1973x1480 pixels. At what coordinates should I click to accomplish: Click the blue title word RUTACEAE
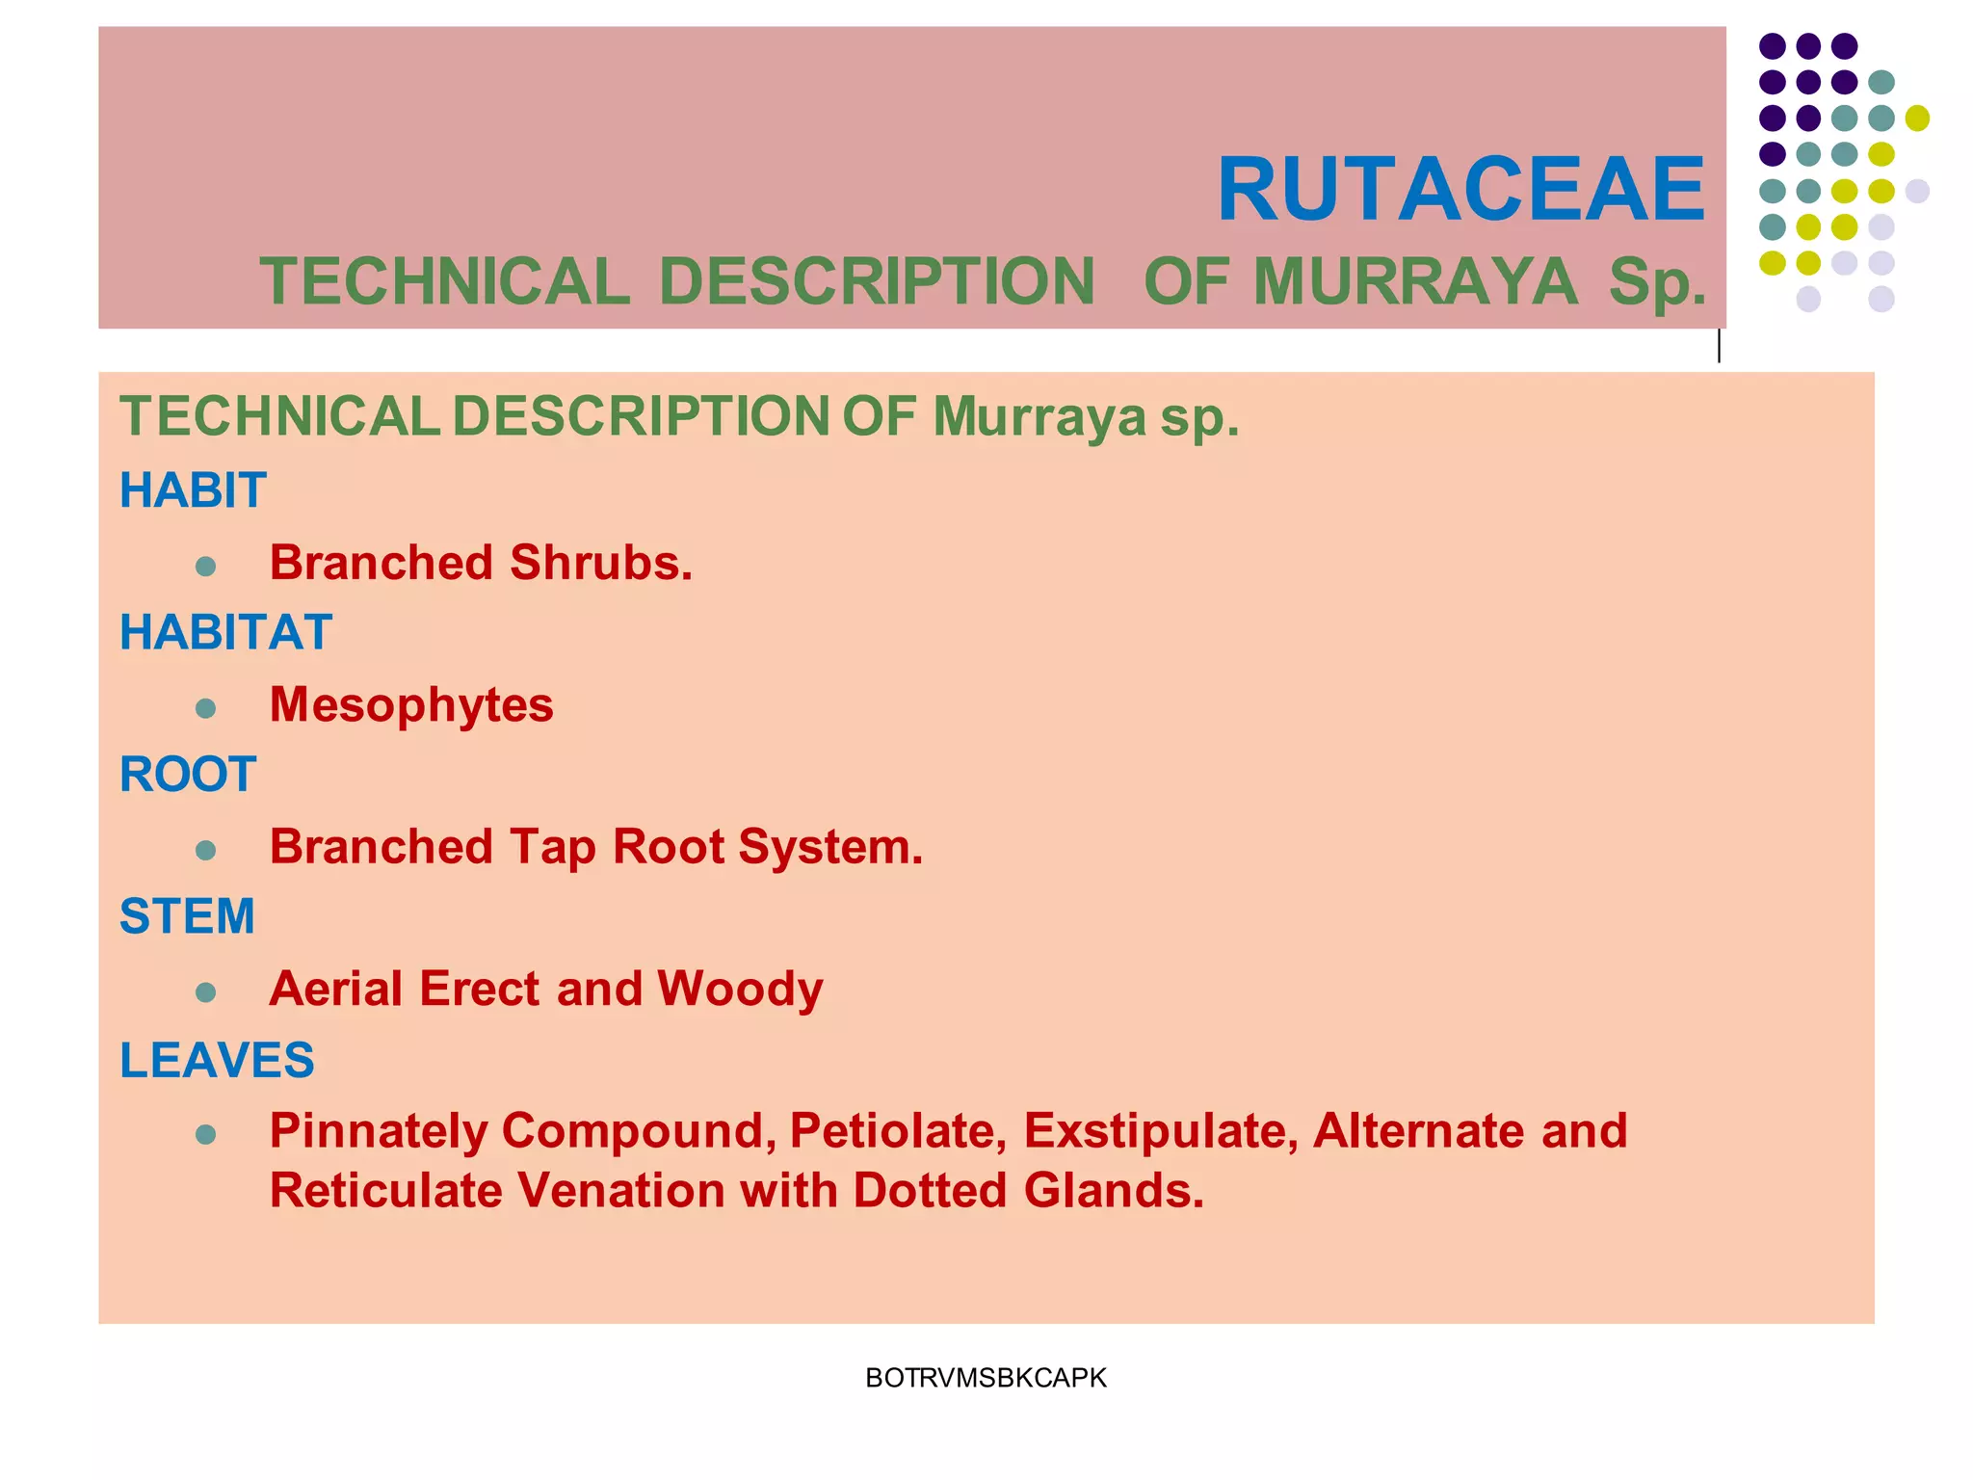pos(1460,190)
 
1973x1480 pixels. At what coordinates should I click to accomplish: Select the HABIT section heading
pos(193,490)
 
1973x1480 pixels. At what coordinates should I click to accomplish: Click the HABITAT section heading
pos(225,633)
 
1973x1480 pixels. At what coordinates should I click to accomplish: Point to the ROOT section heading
pos(188,775)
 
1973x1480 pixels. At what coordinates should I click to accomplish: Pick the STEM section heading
pos(187,916)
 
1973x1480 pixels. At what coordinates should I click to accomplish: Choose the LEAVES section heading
pos(217,1060)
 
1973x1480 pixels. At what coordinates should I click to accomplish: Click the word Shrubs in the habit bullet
pos(600,563)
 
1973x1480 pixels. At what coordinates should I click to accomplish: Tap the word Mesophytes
pos(411,704)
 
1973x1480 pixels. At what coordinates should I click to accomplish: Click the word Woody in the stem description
pos(740,989)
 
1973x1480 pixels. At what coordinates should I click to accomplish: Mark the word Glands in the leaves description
pos(1114,1191)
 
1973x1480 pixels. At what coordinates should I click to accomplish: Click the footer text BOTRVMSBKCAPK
pos(986,1378)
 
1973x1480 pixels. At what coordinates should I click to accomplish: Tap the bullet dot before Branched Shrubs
pos(205,566)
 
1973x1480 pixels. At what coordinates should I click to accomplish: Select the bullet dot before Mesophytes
pos(205,708)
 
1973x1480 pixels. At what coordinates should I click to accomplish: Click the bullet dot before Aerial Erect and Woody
pos(205,992)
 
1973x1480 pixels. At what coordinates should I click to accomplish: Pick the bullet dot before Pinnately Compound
pos(205,1134)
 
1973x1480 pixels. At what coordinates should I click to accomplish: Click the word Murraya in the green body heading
pos(1039,417)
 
